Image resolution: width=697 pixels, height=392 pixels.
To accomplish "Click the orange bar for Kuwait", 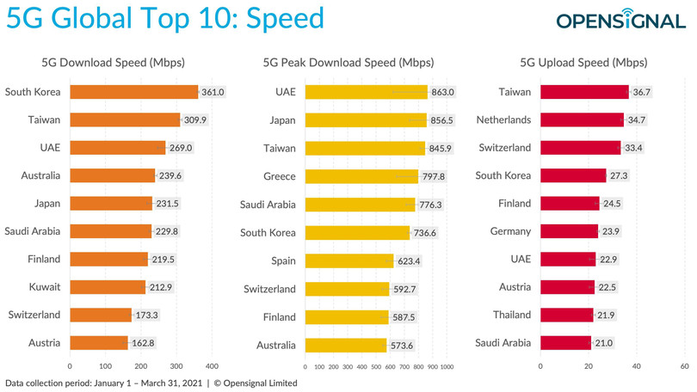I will (108, 287).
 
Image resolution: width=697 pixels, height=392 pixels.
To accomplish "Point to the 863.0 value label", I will (443, 92).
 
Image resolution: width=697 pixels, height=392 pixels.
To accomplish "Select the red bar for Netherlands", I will (582, 120).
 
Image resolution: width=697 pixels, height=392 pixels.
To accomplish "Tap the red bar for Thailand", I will (566, 315).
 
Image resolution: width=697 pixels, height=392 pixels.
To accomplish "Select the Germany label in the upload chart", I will (511, 231).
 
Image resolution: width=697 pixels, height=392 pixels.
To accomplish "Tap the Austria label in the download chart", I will (43, 343).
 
